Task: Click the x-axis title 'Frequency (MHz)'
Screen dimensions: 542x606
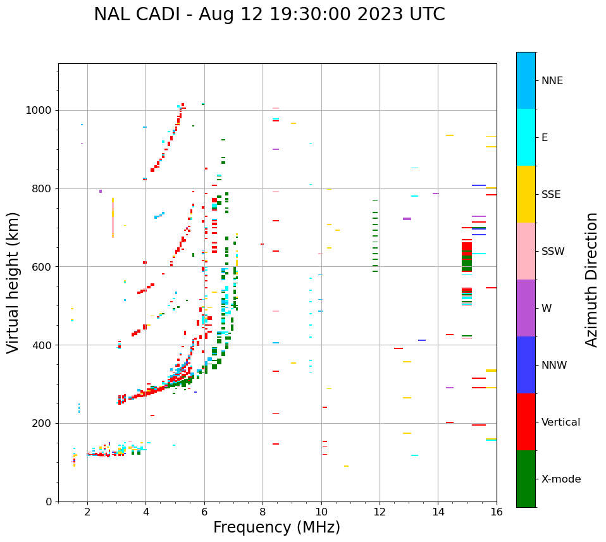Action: [x=276, y=527]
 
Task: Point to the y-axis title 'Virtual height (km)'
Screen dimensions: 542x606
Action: [x=13, y=282]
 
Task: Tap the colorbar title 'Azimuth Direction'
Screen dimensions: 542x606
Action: [x=591, y=279]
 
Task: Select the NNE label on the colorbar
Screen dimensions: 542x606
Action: [x=552, y=81]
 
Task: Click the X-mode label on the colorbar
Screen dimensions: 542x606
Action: [x=560, y=479]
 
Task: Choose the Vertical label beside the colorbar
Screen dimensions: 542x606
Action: [x=560, y=422]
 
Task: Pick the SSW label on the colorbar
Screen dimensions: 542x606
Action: [x=553, y=252]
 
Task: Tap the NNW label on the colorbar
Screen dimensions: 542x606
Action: [x=554, y=366]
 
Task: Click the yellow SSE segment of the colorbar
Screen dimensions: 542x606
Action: [x=526, y=194]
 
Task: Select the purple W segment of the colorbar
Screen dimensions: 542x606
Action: [x=526, y=308]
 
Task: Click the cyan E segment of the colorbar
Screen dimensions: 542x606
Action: [x=526, y=137]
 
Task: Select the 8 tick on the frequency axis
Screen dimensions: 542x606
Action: [x=263, y=512]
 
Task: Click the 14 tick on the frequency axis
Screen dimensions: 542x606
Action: [x=438, y=512]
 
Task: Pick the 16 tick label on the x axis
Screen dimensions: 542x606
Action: [x=497, y=512]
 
